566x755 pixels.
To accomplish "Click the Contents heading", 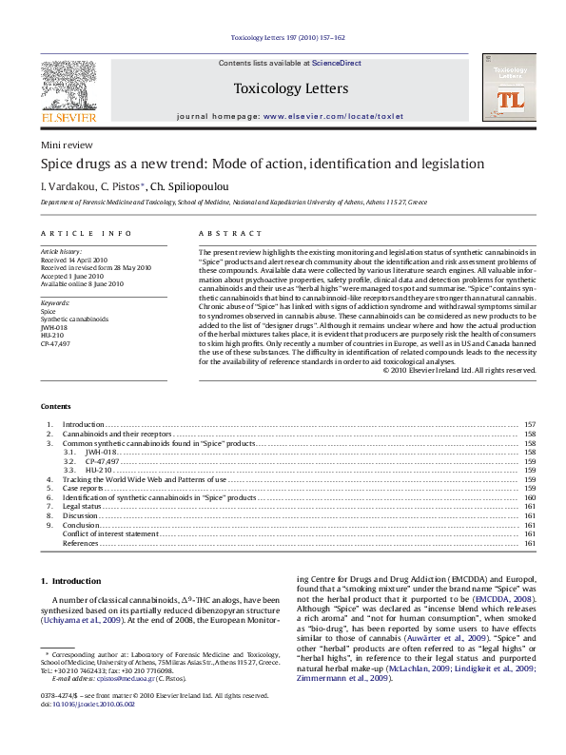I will [x=56, y=404].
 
